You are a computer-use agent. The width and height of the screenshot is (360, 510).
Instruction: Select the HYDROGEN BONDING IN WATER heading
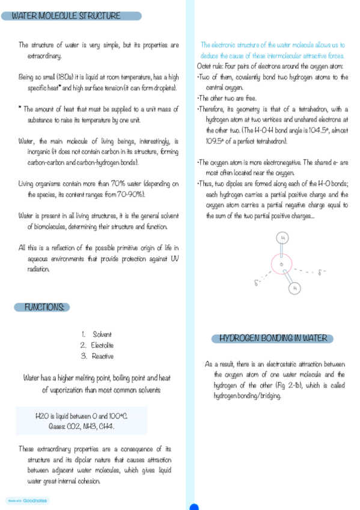point(273,339)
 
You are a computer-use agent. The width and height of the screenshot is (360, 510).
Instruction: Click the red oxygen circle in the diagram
point(281,264)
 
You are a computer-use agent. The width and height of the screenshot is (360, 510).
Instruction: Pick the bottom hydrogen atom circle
point(294,288)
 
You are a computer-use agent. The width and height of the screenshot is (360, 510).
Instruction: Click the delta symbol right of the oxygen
point(320,272)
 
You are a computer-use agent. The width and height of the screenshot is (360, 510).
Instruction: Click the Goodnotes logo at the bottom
point(28,500)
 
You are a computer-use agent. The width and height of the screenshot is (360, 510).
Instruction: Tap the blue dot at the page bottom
point(194,507)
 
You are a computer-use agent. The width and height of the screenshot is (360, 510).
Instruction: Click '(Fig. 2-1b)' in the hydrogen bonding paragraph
point(296,385)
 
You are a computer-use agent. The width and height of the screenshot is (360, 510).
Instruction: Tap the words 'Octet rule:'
point(211,66)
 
